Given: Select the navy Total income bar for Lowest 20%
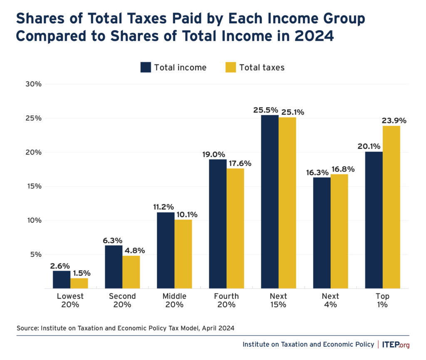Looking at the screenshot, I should (x=62, y=279).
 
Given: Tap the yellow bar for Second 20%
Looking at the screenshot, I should (x=131, y=272).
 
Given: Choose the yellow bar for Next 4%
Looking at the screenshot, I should (x=339, y=231).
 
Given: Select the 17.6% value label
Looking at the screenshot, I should (x=240, y=163).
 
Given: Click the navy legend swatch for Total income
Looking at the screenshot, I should (x=146, y=67).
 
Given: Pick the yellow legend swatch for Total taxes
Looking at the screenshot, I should (x=231, y=67).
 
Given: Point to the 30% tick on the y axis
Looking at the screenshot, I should (x=34, y=84).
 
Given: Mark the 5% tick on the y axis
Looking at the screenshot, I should (x=36, y=254).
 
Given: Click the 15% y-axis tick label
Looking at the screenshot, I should (x=34, y=186).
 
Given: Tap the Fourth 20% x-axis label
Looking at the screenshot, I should (x=226, y=300).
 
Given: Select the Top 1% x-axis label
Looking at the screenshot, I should (x=382, y=300).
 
